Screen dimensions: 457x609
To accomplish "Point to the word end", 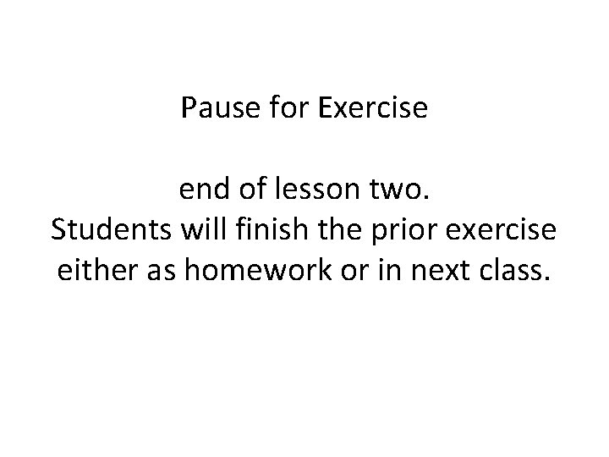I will [x=200, y=192].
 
